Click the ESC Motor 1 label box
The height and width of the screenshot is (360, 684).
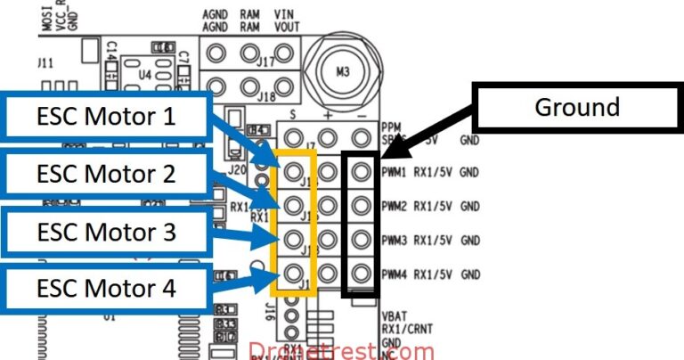pyautogui.click(x=107, y=115)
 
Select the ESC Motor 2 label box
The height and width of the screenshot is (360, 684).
pyautogui.click(x=107, y=174)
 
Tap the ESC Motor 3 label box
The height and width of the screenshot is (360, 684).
pyautogui.click(x=107, y=232)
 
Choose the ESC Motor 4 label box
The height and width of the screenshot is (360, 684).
pyautogui.click(x=107, y=289)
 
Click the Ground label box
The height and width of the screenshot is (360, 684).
pyautogui.click(x=576, y=107)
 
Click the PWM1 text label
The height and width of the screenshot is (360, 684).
pyautogui.click(x=394, y=171)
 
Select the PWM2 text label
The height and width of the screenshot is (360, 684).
pyautogui.click(x=394, y=206)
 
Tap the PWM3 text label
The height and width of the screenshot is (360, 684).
pyautogui.click(x=394, y=240)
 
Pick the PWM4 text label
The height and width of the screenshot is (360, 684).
pyautogui.click(x=394, y=274)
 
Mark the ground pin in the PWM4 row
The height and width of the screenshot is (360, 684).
pyautogui.click(x=360, y=273)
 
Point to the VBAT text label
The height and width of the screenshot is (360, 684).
pyautogui.click(x=392, y=315)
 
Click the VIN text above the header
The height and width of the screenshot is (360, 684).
pyautogui.click(x=284, y=15)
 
